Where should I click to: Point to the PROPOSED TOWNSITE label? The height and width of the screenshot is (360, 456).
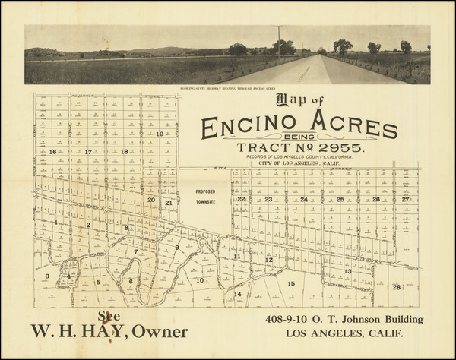pos(205,197)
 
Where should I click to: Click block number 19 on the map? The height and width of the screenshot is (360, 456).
pos(160,134)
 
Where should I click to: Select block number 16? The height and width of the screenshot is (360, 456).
pos(52,152)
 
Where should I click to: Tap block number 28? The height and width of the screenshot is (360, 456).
pos(396,287)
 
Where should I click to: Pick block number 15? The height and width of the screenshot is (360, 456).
pos(291,283)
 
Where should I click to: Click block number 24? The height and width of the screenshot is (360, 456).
pos(303,200)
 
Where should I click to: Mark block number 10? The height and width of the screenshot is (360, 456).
pos(200,280)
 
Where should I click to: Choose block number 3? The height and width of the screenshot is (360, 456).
pos(47,276)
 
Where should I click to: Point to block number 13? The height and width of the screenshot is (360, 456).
pos(347,271)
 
